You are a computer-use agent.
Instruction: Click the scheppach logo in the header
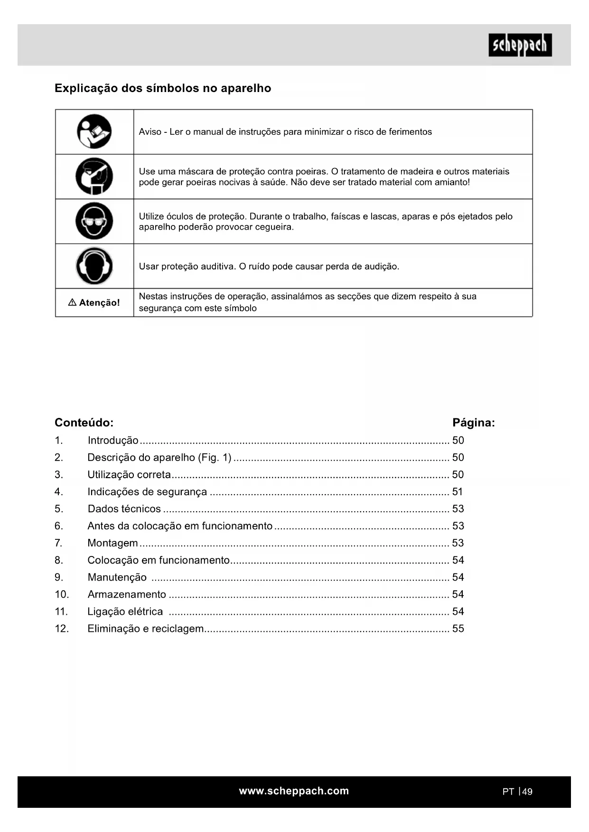pos(520,45)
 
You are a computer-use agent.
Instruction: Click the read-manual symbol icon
pos(94,131)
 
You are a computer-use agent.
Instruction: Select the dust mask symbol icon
pos(94,176)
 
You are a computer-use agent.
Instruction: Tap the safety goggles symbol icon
pos(94,221)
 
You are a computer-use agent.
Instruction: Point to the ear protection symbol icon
pos(94,266)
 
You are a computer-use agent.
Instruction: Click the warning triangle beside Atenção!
pos(72,303)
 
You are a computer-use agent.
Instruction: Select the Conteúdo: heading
pos(84,423)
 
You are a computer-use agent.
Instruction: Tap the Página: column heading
pos(473,423)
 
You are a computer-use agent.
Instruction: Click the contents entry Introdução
pos(113,440)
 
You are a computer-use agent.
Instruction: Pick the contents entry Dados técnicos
pos(124,509)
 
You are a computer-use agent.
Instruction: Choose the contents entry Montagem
pos(113,543)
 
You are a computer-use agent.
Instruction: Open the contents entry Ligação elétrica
pos(125,611)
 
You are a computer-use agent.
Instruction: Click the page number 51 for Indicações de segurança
pos(458,492)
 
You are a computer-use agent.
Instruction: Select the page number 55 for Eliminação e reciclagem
pos(458,629)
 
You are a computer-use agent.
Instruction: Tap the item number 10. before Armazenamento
pos(62,594)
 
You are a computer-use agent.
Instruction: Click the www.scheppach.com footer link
pos(294,791)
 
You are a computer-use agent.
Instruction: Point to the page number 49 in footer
pos(527,792)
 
